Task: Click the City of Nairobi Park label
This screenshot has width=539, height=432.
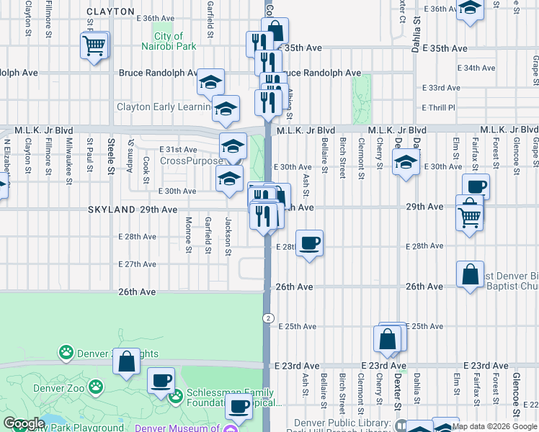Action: coord(168,41)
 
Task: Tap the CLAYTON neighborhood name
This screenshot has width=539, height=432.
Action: coord(110,12)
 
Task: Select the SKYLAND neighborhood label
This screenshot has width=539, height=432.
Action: coord(111,210)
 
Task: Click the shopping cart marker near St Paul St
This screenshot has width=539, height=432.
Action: coord(94,46)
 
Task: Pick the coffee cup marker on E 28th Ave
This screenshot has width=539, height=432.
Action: coord(309,243)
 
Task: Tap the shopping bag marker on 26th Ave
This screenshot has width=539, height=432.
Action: coord(470,274)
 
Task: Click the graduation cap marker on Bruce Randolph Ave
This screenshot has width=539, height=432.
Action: coord(210,82)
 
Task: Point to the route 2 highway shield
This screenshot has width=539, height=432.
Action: coord(267,318)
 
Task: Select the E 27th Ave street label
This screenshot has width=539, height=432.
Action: coord(137,264)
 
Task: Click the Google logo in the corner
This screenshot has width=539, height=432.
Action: coord(24,424)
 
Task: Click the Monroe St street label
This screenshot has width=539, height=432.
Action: coord(188,235)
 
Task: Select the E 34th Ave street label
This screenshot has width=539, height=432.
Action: coord(476,68)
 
